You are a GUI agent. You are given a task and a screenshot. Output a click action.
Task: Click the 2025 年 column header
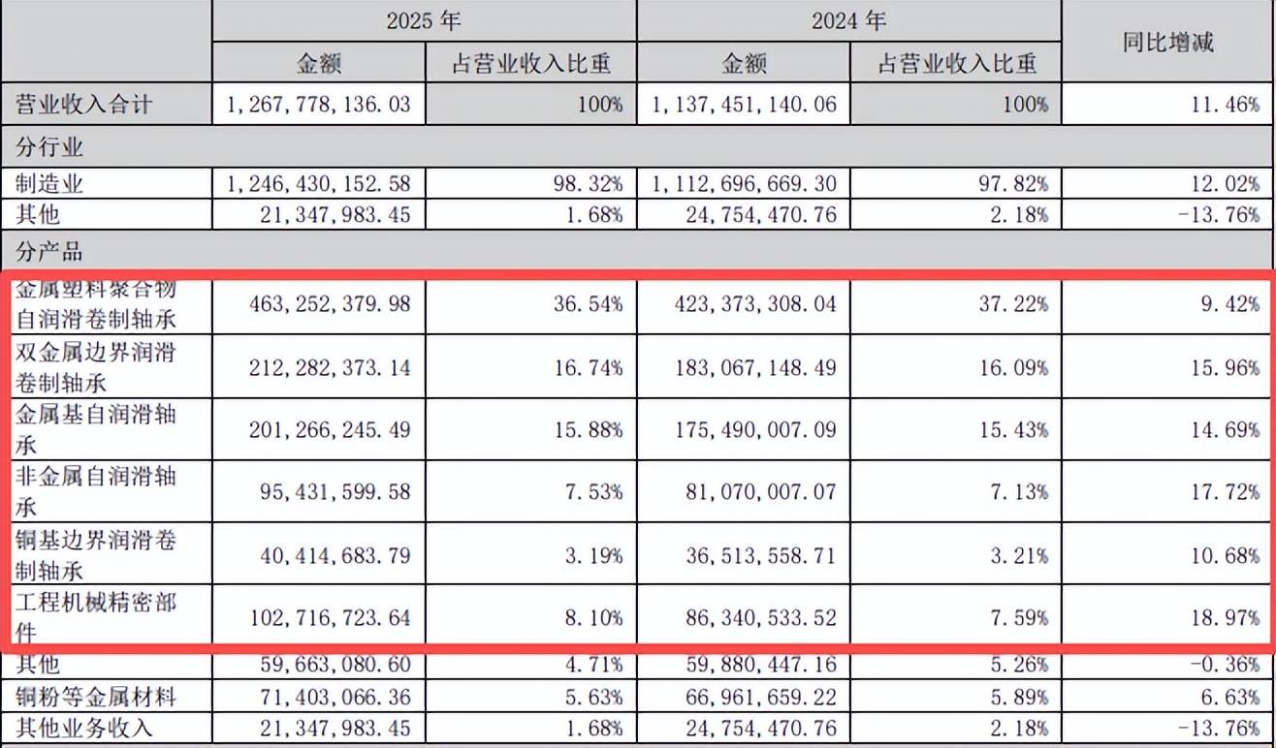click(x=424, y=20)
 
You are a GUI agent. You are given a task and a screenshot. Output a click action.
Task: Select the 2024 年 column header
click(x=848, y=20)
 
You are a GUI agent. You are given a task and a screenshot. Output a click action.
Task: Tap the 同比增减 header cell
click(x=1167, y=42)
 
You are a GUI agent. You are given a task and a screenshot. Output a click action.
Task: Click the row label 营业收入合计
click(x=84, y=104)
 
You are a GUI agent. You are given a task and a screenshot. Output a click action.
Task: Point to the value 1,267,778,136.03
click(x=319, y=104)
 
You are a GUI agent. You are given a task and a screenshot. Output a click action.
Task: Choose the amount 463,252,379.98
click(x=319, y=304)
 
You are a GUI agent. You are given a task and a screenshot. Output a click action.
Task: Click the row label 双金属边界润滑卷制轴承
click(x=97, y=367)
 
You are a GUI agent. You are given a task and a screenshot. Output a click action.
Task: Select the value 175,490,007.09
click(x=743, y=429)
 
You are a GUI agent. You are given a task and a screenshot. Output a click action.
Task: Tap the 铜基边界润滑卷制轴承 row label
click(x=97, y=554)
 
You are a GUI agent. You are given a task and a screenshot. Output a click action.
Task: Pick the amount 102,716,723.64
click(x=319, y=617)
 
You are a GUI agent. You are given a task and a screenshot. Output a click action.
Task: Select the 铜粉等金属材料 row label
click(x=97, y=697)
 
